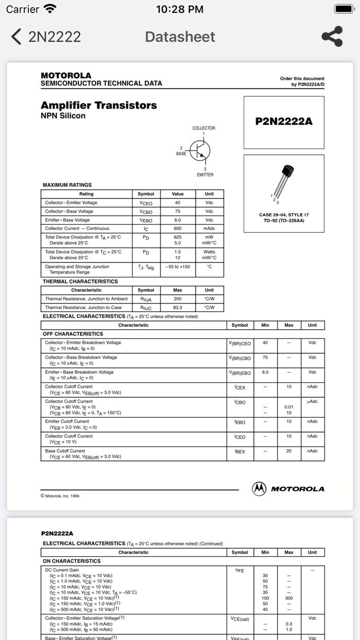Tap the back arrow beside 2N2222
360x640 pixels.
(x=16, y=37)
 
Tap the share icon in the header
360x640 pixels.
(x=332, y=37)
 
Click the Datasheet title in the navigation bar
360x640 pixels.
(x=180, y=37)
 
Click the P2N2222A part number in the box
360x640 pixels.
(x=284, y=121)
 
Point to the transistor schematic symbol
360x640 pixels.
(x=200, y=150)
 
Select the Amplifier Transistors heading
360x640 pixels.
(x=99, y=105)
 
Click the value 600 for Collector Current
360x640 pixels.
(x=177, y=228)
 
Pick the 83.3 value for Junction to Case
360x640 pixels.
(x=177, y=308)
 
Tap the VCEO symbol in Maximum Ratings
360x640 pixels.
(x=146, y=203)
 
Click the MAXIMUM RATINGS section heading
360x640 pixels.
(x=67, y=185)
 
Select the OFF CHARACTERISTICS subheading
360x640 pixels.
(x=73, y=334)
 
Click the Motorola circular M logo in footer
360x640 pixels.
(x=259, y=489)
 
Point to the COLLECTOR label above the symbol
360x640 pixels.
(x=204, y=128)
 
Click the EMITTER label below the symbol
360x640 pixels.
(x=205, y=175)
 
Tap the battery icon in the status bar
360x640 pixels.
(x=344, y=9)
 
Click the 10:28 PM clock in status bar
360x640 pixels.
(x=179, y=9)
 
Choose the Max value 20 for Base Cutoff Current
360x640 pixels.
(x=289, y=451)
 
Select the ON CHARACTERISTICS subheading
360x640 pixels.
(x=71, y=561)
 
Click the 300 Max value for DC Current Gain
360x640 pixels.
(x=289, y=598)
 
